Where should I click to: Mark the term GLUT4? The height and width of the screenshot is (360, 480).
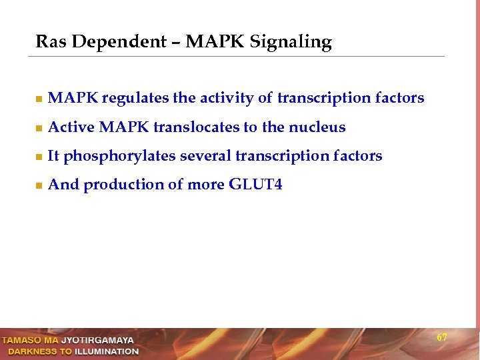[x=255, y=185]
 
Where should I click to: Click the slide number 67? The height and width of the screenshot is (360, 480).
[x=442, y=337]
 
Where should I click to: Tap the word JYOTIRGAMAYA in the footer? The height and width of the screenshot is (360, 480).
[x=97, y=341]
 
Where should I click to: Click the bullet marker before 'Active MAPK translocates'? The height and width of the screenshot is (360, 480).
[x=39, y=128]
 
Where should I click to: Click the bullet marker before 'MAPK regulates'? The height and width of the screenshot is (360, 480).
[x=39, y=99]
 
